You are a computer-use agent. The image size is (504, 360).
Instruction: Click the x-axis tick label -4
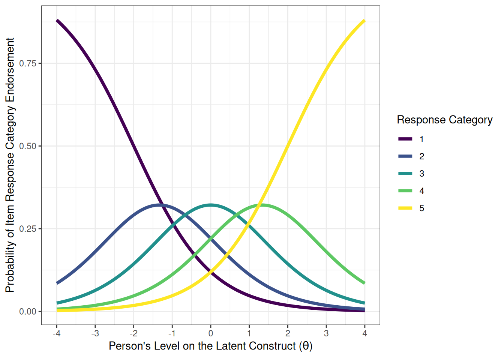[56, 333]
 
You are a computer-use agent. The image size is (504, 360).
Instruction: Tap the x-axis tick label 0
[211, 333]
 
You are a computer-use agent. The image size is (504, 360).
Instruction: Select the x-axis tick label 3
[326, 333]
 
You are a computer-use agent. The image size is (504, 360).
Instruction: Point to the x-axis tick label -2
[133, 333]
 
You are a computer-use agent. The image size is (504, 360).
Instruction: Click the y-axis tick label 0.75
[28, 63]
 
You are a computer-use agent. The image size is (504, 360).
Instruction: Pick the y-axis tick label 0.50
[28, 146]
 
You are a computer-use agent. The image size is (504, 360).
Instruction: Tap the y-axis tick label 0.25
[28, 229]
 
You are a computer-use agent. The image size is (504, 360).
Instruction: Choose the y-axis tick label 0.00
[28, 312]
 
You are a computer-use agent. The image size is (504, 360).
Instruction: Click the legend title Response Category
[444, 120]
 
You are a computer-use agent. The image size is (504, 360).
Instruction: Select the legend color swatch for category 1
[405, 139]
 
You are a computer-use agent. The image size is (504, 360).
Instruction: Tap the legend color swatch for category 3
[405, 174]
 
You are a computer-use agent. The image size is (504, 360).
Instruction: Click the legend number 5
[422, 208]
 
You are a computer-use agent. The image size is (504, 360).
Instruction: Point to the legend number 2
[422, 156]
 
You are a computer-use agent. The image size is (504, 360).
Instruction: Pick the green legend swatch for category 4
[405, 191]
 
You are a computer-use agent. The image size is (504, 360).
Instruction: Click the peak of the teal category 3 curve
[211, 205]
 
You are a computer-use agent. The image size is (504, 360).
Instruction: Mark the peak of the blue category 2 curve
[160, 205]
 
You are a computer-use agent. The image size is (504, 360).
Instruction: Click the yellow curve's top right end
[364, 21]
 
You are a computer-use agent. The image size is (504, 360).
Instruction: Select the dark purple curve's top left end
[57, 21]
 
